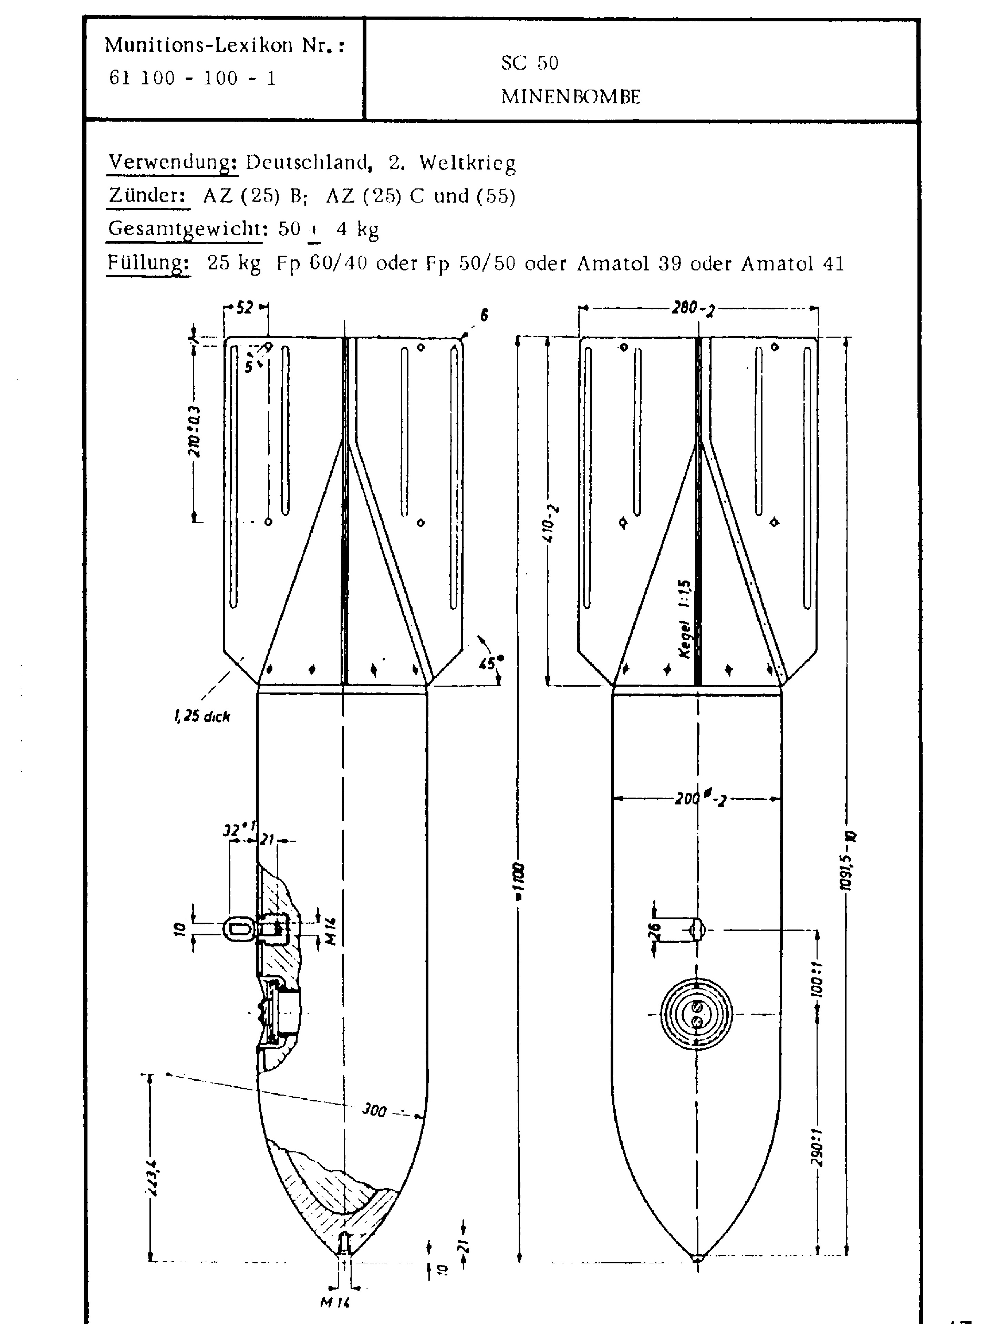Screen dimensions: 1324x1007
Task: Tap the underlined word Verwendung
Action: point(172,163)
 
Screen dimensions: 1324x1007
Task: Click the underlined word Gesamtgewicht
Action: point(184,229)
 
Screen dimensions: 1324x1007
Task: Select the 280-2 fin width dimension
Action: point(693,309)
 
